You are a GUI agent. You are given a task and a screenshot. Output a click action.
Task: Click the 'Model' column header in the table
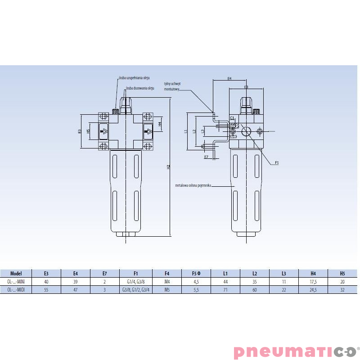(16, 273)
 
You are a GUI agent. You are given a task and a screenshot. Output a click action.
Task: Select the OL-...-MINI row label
(16, 281)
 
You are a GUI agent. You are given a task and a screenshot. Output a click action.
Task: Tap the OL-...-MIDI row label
(16, 289)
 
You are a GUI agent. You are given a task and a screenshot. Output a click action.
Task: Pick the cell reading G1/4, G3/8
(136, 281)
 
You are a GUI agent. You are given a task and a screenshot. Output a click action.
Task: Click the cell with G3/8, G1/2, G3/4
(136, 289)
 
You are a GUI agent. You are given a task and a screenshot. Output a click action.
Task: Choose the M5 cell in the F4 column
(166, 289)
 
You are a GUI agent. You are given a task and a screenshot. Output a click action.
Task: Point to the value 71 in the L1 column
(225, 289)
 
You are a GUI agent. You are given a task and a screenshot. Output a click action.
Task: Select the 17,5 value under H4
(313, 281)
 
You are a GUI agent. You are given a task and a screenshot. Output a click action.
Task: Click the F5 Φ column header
(196, 273)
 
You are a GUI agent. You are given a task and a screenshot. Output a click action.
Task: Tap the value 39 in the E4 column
(76, 281)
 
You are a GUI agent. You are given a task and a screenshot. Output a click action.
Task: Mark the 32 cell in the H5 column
(342, 289)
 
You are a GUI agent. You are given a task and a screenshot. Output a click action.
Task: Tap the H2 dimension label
(169, 166)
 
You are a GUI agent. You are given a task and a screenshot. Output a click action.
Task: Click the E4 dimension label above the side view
(229, 78)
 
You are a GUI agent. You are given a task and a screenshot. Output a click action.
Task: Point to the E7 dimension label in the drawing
(206, 157)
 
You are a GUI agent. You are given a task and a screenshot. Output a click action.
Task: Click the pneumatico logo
(294, 351)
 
